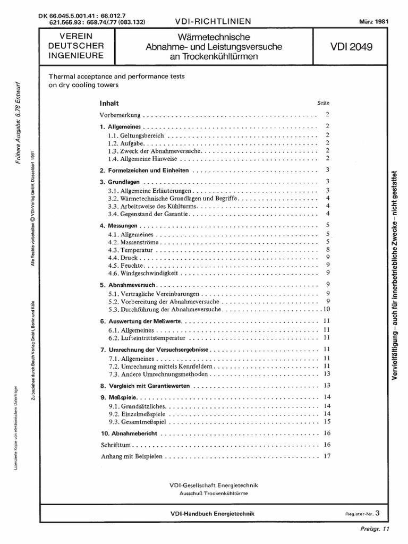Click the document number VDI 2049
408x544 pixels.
[x=351, y=47]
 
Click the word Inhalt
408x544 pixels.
[x=109, y=103]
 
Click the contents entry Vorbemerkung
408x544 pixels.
[x=121, y=115]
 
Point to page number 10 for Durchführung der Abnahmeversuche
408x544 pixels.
[x=327, y=309]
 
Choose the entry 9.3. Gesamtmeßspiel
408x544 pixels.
[x=135, y=421]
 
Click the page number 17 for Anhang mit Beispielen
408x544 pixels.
[x=327, y=456]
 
